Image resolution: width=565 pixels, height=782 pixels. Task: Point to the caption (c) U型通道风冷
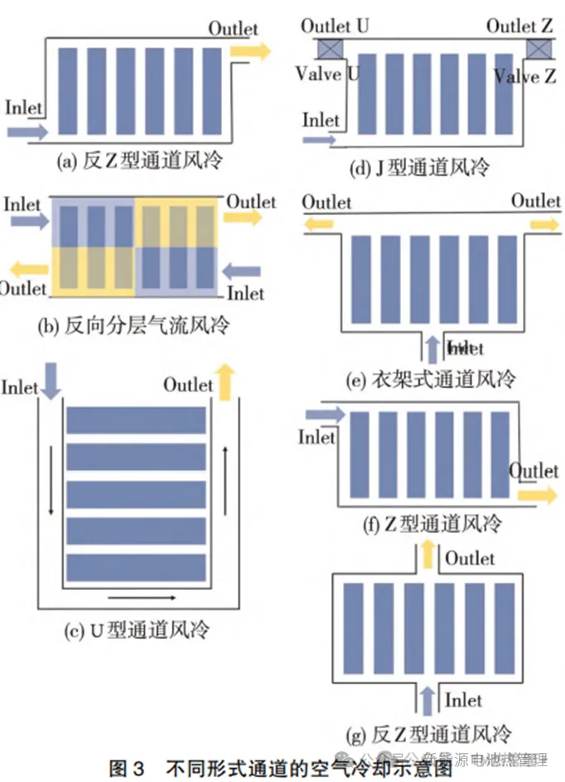(137, 630)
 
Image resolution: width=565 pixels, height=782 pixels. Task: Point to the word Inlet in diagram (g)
(463, 700)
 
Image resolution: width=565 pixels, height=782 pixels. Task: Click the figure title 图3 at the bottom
(132, 767)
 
